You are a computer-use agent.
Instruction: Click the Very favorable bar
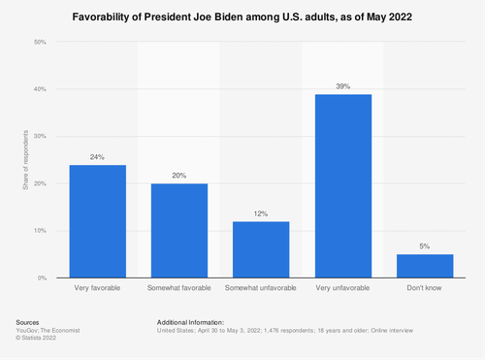pos(97,221)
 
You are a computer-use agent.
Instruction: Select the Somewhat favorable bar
pos(179,231)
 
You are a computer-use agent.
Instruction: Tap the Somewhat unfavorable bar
pos(262,249)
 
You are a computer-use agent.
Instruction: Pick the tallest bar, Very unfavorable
pos(344,186)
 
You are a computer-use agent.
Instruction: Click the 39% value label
pos(344,85)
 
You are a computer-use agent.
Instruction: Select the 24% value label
pos(97,156)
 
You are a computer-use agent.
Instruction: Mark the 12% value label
pos(262,213)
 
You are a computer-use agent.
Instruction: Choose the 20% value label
pos(179,175)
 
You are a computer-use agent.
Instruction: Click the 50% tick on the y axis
pos(40,43)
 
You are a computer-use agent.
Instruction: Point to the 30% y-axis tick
pos(40,137)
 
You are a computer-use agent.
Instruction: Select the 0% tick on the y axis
pos(42,278)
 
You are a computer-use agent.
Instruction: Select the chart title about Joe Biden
pos(242,16)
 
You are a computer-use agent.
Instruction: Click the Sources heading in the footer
pos(30,321)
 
